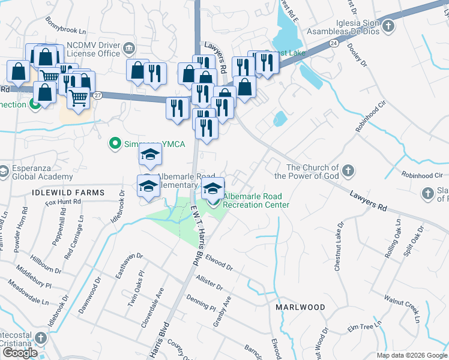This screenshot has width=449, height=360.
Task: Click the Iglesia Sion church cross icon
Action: tap(388, 26)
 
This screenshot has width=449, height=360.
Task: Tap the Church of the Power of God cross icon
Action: tap(348, 172)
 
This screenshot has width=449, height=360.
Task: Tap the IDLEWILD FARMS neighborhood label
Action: tap(67, 193)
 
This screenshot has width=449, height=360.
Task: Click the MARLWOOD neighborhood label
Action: tap(300, 307)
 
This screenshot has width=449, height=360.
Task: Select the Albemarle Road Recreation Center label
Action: tap(256, 200)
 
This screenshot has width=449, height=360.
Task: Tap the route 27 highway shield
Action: tap(97, 95)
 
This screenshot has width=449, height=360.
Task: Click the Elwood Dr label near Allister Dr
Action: tap(218, 262)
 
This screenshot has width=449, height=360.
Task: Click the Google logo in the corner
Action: tap(19, 353)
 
